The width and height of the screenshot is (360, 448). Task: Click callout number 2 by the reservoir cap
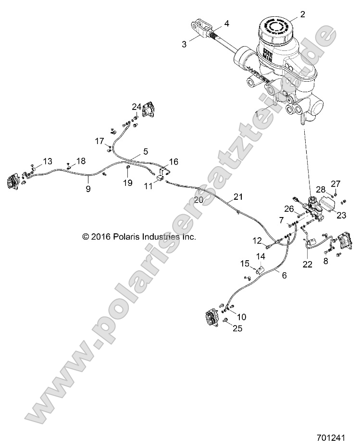302,14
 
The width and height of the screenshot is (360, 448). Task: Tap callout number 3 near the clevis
184,44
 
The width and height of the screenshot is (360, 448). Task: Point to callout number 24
137,106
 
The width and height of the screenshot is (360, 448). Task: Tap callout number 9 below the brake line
88,189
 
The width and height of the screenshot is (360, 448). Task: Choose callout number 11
148,184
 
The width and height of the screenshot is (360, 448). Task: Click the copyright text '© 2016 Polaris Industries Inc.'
139,237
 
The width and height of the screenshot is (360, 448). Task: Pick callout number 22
307,264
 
